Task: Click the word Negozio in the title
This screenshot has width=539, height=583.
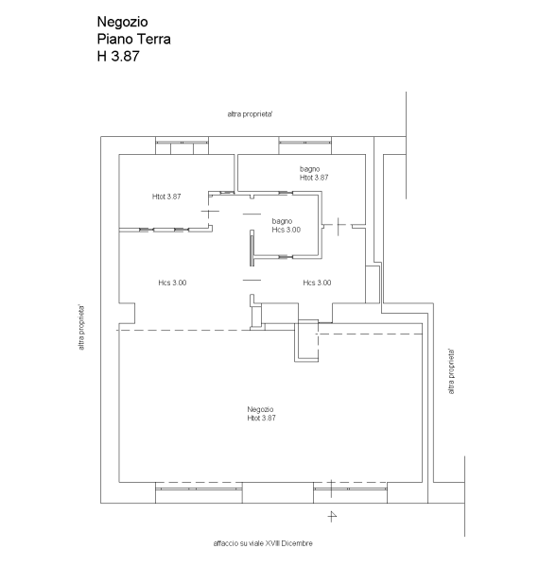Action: click(x=122, y=22)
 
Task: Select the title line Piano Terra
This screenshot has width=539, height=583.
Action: click(x=134, y=39)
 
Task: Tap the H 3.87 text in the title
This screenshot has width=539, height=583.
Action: click(x=118, y=56)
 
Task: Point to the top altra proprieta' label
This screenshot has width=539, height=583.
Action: click(x=250, y=114)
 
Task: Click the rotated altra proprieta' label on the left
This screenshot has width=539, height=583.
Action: click(x=81, y=328)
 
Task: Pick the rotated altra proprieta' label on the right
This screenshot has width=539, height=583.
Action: click(x=451, y=371)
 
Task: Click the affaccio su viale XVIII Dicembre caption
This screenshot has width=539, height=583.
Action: click(x=263, y=543)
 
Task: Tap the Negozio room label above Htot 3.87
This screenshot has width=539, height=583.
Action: click(x=260, y=409)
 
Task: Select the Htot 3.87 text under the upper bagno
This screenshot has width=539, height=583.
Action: click(x=314, y=178)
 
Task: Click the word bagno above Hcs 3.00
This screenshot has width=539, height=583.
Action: click(x=282, y=221)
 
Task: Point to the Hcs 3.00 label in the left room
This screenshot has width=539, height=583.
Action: click(x=172, y=283)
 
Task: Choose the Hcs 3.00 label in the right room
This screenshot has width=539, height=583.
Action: click(x=317, y=283)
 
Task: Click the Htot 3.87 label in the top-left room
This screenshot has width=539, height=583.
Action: click(x=166, y=197)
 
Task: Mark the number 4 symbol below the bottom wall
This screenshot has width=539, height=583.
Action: click(x=332, y=516)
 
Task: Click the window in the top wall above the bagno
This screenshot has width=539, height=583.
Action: click(x=305, y=145)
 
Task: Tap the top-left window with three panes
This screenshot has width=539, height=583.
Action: click(x=182, y=145)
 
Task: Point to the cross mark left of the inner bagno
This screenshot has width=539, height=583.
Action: click(x=209, y=212)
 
